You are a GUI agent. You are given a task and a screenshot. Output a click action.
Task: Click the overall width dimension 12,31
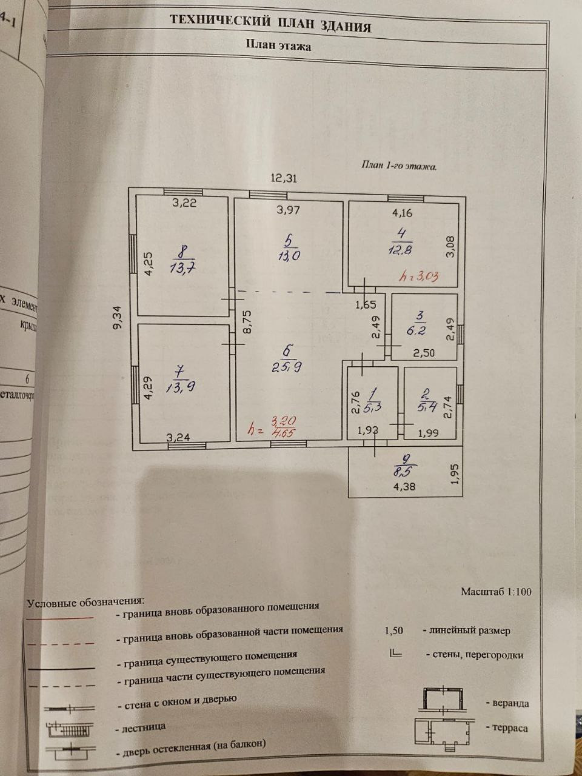pos(284,178)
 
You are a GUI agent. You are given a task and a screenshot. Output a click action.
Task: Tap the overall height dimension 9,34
pos(118,317)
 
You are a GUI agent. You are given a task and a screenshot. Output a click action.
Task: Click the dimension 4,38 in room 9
pos(404,486)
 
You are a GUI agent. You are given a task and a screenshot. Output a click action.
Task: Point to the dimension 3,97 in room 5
pos(289,210)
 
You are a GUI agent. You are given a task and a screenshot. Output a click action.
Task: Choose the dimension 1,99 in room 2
pos(428,432)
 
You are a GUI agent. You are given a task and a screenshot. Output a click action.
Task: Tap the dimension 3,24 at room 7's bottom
pos(178,436)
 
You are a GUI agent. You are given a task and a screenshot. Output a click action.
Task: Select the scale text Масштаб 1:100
pos(496,591)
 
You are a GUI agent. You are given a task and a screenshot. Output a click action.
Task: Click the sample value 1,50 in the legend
pos(393,630)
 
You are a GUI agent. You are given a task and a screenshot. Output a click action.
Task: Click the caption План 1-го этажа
pos(399,165)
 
